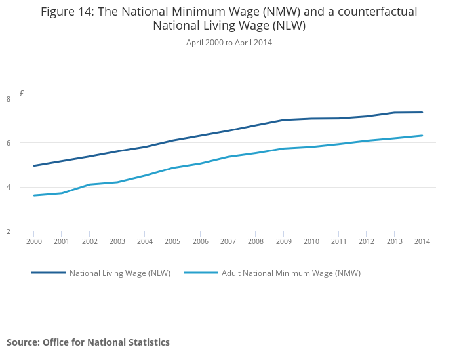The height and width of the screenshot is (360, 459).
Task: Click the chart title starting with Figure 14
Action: pyautogui.click(x=229, y=18)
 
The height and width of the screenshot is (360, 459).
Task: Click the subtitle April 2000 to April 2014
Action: pyautogui.click(x=229, y=43)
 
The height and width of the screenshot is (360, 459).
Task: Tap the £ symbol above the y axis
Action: pyautogui.click(x=22, y=94)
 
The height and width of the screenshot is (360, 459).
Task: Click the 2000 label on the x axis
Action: pyautogui.click(x=34, y=241)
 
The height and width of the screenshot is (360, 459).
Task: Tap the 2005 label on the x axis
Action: pyautogui.click(x=172, y=241)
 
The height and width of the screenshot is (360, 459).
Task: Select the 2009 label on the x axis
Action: pyautogui.click(x=283, y=241)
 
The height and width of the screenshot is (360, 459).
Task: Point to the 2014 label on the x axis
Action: pyautogui.click(x=422, y=241)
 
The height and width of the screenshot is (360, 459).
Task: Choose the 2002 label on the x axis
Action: pyautogui.click(x=90, y=241)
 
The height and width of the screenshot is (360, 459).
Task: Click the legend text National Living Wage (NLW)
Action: pyautogui.click(x=120, y=273)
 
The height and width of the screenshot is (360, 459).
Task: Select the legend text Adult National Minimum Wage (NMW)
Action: pyautogui.click(x=291, y=273)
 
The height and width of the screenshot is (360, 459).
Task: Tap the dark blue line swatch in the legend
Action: pyautogui.click(x=49, y=273)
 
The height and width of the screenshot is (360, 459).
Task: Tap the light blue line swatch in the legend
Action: pyautogui.click(x=201, y=273)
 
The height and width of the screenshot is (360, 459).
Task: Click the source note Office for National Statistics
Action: pyautogui.click(x=88, y=342)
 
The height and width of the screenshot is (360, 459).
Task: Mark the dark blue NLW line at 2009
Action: pyautogui.click(x=283, y=120)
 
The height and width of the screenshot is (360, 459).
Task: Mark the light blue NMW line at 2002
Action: pyautogui.click(x=90, y=184)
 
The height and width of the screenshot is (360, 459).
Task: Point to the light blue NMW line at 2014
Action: pyautogui.click(x=422, y=136)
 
